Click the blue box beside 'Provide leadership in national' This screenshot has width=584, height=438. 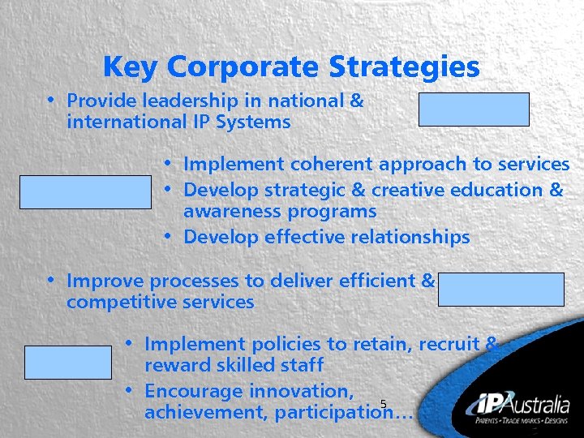point(474,109)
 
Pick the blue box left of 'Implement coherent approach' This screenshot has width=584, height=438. point(85,192)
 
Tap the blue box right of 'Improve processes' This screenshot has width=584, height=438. point(500,290)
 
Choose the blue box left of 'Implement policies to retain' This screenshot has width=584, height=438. point(67,363)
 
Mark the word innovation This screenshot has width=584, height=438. point(300,391)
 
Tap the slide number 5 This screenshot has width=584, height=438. point(383,404)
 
